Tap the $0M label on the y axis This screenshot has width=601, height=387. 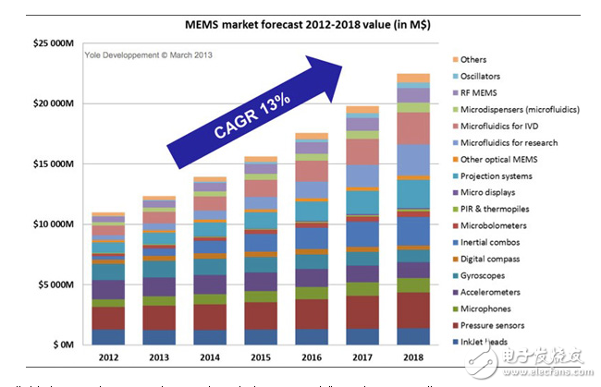pos(60,345)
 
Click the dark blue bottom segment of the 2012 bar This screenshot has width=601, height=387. pos(108,337)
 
